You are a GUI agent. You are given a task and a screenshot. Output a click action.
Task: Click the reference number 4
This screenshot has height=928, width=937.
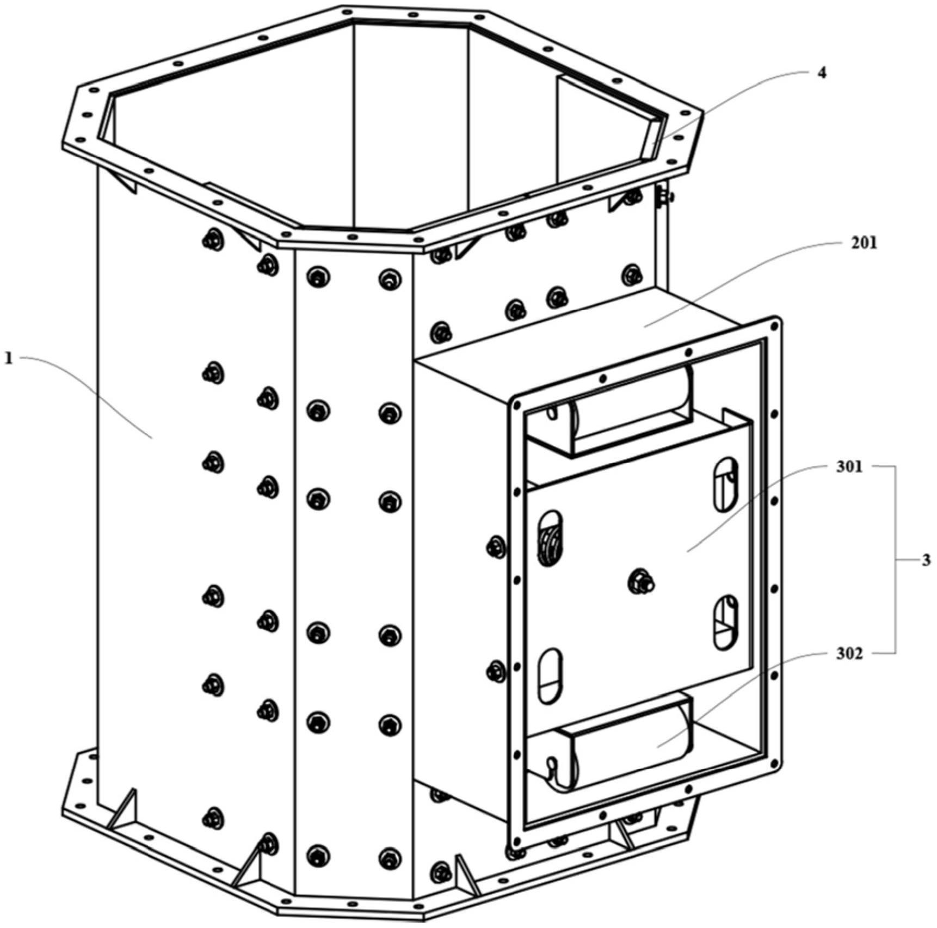point(822,73)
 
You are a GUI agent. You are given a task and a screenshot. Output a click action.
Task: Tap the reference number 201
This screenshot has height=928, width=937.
point(864,243)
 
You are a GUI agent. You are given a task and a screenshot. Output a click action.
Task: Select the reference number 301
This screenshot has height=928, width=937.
point(849,467)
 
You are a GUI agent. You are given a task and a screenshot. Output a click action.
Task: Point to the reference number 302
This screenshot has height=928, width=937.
point(849,654)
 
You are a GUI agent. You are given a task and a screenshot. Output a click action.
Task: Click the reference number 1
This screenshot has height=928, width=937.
point(8,359)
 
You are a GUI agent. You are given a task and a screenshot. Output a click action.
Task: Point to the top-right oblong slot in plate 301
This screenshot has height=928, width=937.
point(726,484)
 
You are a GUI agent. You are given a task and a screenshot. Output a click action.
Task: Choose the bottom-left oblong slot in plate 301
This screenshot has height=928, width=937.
point(550,675)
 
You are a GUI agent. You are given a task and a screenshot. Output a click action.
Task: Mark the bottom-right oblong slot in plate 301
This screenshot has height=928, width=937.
point(726,623)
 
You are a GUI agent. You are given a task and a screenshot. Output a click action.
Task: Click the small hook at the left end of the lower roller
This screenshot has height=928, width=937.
point(553,767)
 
